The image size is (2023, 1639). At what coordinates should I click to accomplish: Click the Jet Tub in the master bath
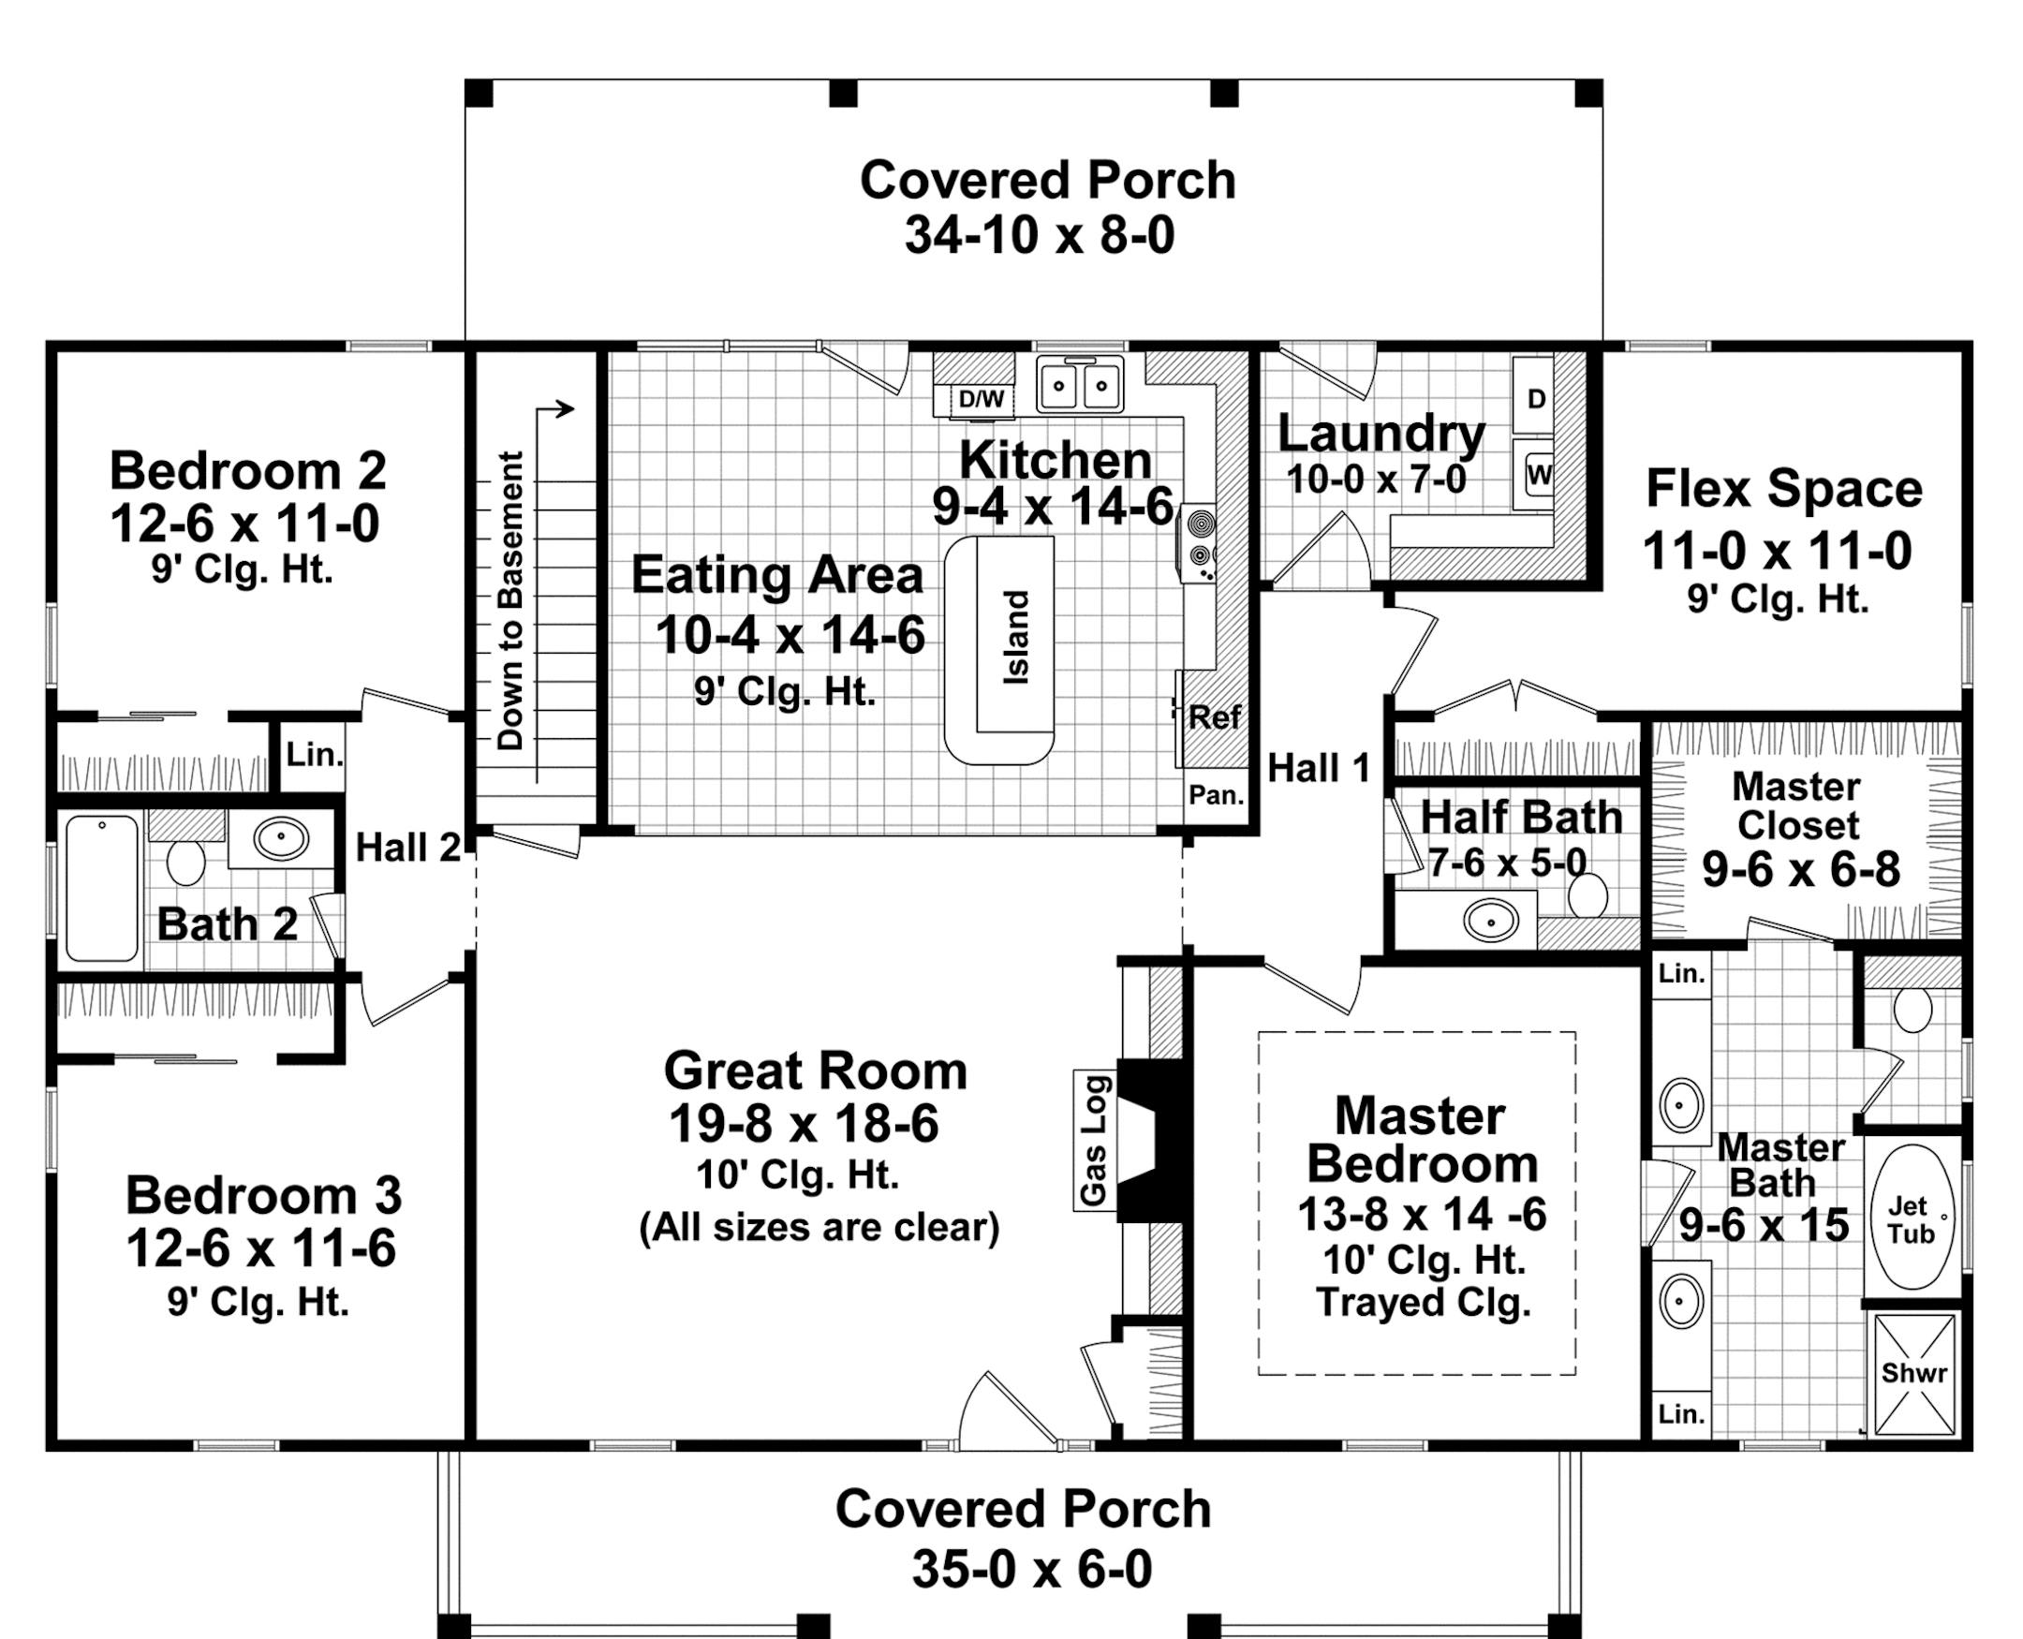[1911, 1218]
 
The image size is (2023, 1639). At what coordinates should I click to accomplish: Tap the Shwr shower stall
[1913, 1373]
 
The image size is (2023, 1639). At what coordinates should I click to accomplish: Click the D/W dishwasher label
[981, 399]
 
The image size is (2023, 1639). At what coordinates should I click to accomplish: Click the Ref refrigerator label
[1214, 717]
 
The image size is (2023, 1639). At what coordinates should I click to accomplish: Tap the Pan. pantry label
[1216, 795]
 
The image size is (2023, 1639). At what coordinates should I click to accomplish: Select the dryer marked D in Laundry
[1536, 398]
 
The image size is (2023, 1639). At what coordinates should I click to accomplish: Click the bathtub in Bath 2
[102, 889]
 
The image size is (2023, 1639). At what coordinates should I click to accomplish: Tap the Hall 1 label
[1318, 769]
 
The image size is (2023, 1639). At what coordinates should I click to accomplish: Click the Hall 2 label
[407, 848]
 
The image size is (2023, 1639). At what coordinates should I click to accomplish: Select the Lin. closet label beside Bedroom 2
[315, 754]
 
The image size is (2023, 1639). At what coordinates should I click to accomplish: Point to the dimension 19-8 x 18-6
[804, 1124]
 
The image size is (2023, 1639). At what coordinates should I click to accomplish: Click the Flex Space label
[1783, 489]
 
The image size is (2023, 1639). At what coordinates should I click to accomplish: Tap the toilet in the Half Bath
[1587, 895]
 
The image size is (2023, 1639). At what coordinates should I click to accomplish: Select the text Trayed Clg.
[1423, 1303]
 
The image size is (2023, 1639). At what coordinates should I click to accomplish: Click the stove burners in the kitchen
[1201, 539]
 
